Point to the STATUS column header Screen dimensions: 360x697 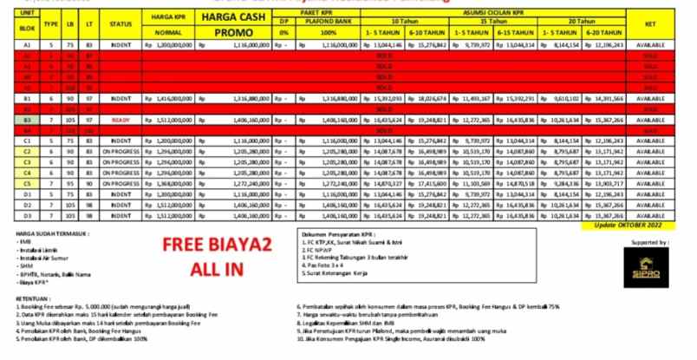coord(121,24)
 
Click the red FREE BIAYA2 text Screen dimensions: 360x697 coord(205,245)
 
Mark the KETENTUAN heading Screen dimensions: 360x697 coord(31,298)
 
